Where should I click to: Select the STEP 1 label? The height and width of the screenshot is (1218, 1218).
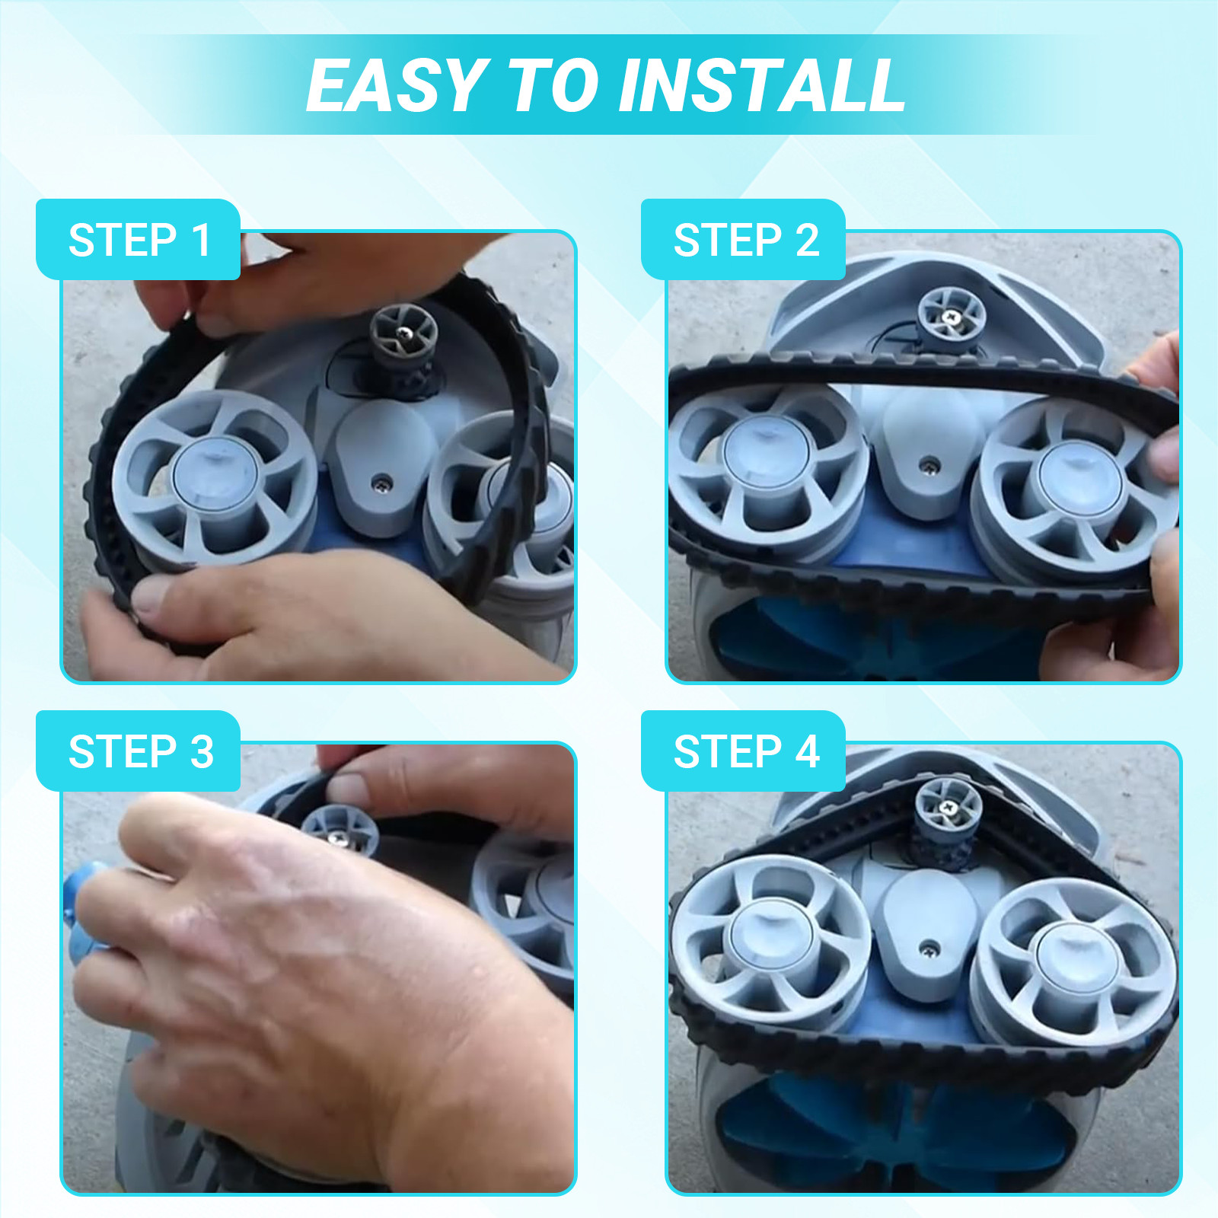click(x=139, y=241)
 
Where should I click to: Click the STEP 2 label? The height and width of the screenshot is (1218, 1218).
click(x=746, y=241)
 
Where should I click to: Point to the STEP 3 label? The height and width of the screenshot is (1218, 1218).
click(x=141, y=752)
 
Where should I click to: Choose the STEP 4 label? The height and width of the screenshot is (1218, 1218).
click(x=746, y=752)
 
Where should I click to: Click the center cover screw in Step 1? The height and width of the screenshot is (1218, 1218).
click(x=381, y=482)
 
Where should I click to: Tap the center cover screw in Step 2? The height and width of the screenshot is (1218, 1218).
click(x=929, y=464)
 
